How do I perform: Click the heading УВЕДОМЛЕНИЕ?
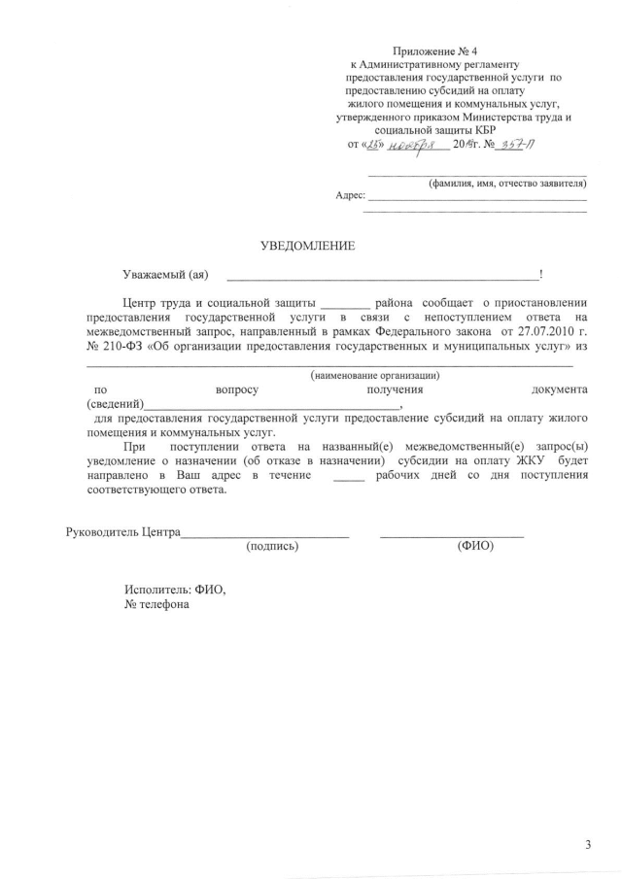point(307,246)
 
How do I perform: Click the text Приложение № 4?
point(436,51)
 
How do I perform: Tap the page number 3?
point(588,844)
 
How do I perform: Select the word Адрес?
point(350,195)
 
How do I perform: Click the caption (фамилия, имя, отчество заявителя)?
point(506,183)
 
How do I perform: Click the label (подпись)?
point(273,546)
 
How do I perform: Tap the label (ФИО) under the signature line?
point(474,546)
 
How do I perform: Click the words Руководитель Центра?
point(122,532)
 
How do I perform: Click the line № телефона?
point(157,603)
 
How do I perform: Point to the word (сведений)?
point(116,404)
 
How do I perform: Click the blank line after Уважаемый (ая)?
point(379,277)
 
